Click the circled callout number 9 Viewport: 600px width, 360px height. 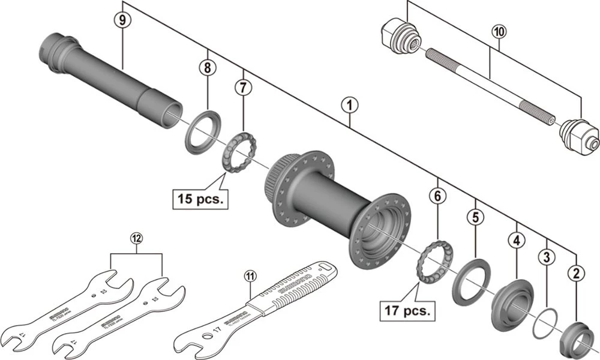[x=122, y=19]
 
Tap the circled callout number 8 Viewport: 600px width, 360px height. [x=208, y=68]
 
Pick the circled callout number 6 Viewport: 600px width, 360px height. [x=438, y=195]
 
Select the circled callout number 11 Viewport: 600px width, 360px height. [x=250, y=277]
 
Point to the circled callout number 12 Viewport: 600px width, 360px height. [x=137, y=239]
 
